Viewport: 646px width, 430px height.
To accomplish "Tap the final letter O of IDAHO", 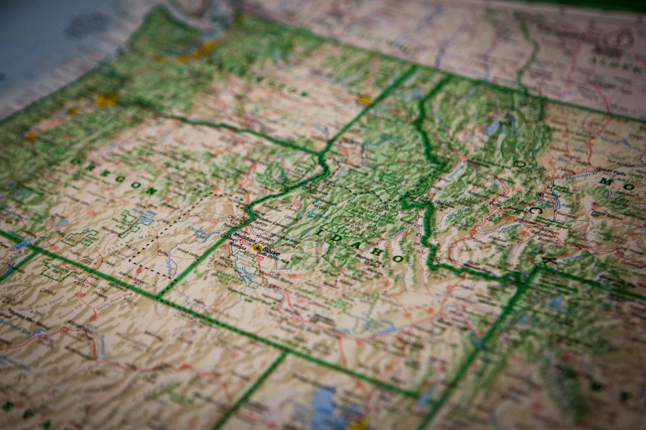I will (x=397, y=259).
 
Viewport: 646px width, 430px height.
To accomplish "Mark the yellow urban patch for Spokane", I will (x=364, y=99).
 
